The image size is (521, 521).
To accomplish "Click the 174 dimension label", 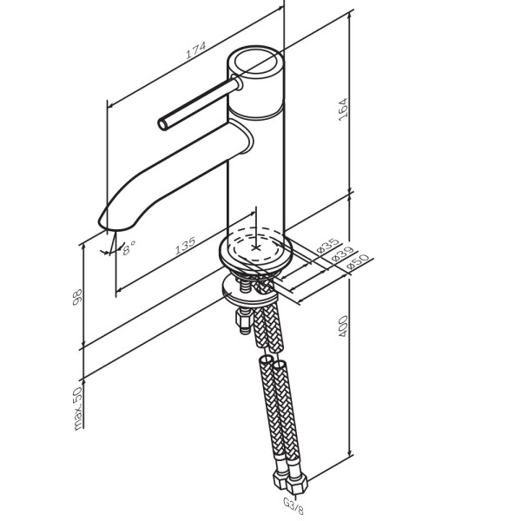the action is [x=195, y=49].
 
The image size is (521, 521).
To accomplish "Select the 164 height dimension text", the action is [x=343, y=109].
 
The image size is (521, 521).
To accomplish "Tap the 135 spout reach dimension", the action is [x=185, y=246].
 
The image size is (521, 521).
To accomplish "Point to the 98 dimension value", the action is [x=77, y=297].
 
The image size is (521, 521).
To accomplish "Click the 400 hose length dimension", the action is [x=343, y=326].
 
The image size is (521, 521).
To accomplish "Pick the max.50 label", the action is [x=78, y=409].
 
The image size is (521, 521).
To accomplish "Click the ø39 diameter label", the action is [x=343, y=254].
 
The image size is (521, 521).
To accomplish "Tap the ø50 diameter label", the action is [x=357, y=261].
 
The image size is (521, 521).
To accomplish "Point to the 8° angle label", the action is [x=129, y=247].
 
